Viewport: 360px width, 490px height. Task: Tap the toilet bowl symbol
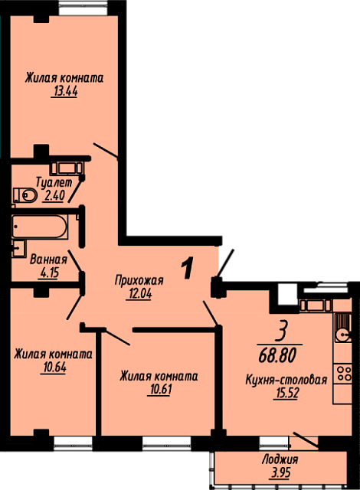tap(25, 195)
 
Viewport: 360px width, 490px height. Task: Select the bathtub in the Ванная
tap(40, 227)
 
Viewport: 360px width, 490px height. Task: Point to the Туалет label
tap(54, 182)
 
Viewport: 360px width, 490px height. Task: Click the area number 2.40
tap(54, 196)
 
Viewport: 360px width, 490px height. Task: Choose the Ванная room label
tap(48, 260)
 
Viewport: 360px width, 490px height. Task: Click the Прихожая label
tap(139, 280)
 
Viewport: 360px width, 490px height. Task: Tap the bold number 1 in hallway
tap(188, 268)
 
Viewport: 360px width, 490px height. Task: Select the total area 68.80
tap(277, 355)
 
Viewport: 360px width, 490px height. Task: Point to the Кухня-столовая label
tap(286, 380)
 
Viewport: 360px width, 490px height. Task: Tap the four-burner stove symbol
tap(343, 374)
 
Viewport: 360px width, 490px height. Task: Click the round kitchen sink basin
tap(343, 335)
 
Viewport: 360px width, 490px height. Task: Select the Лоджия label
tap(280, 459)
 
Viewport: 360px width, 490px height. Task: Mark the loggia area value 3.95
tap(280, 473)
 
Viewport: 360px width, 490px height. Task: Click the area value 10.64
tap(54, 367)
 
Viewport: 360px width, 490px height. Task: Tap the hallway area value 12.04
tap(139, 294)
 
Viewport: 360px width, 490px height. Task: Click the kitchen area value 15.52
tap(286, 394)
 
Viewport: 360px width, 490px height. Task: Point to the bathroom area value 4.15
tap(48, 273)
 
